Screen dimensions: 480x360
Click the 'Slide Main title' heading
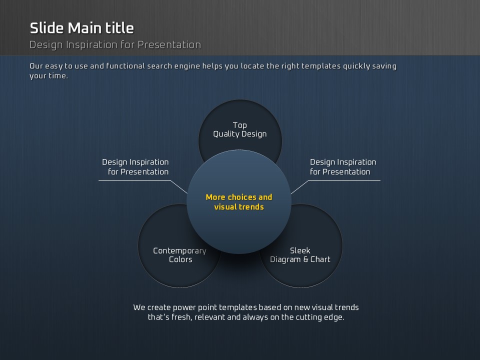point(81,28)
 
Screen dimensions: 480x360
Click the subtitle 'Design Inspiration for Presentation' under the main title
point(115,45)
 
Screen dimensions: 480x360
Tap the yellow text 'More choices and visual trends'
point(239,201)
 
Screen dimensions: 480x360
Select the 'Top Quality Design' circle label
point(240,129)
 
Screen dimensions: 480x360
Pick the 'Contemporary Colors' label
point(180,255)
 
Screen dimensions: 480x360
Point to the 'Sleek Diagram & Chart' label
point(300,255)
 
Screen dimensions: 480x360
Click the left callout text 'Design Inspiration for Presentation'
point(135,167)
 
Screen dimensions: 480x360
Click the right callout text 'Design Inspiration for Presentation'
point(343,167)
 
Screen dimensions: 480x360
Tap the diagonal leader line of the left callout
point(178,186)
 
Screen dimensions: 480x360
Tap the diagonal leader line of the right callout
point(299,187)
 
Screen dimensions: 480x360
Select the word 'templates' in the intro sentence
point(321,66)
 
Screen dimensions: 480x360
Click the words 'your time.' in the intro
point(48,76)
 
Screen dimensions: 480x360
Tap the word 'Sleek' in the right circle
point(300,250)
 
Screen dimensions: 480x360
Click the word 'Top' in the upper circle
point(239,125)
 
